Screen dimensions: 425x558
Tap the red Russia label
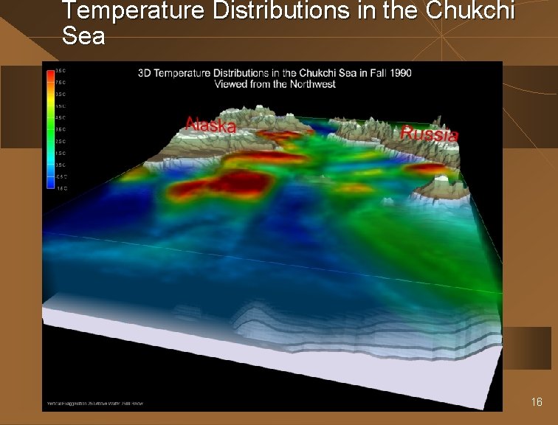pos(429,134)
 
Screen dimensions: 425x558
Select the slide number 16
pos(537,402)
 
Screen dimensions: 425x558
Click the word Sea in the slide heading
pos(83,35)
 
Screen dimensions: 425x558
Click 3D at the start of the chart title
pos(145,72)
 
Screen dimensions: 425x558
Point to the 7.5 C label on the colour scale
pos(60,83)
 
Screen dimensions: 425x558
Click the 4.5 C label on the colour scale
pos(60,117)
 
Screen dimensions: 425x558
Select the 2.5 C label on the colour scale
pos(60,141)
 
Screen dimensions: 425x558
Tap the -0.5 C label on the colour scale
pos(60,176)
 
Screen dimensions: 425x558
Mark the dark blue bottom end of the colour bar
pos(49,185)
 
